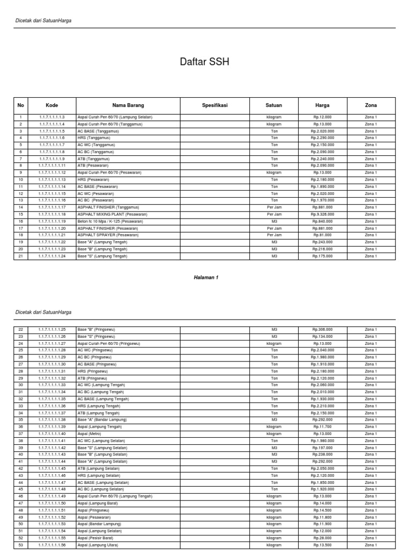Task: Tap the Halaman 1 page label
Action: [x=206, y=277]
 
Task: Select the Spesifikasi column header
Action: [x=215, y=105]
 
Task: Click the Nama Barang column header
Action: [x=128, y=105]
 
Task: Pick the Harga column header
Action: [x=322, y=105]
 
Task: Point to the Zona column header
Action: [x=371, y=105]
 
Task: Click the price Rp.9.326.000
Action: [x=322, y=214]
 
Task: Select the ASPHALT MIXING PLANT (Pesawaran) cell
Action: [x=109, y=214]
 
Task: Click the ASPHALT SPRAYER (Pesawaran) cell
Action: [x=108, y=235]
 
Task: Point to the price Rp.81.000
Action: [x=322, y=235]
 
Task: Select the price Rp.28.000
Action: [x=322, y=538]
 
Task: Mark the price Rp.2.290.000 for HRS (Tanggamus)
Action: [x=322, y=138]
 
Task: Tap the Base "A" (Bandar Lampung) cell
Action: [x=102, y=419]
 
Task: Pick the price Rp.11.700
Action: [x=322, y=426]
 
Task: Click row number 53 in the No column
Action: [x=21, y=545]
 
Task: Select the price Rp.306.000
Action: [x=322, y=329]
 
